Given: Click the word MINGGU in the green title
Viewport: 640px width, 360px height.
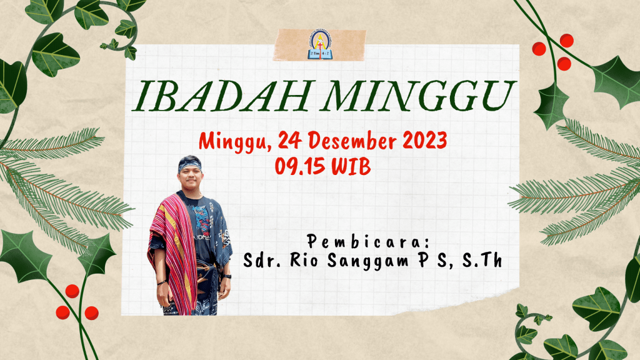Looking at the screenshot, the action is (x=416, y=96).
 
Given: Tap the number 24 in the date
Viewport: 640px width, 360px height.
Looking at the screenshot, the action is (x=290, y=141).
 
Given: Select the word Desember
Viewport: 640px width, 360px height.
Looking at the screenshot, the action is (x=352, y=141).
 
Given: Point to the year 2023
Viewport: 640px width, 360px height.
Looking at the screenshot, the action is (x=425, y=141).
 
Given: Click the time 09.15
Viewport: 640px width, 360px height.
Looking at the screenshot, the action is (x=299, y=166).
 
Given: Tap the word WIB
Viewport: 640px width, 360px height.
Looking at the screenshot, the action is (x=351, y=166).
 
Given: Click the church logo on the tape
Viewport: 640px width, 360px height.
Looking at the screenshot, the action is (x=319, y=46).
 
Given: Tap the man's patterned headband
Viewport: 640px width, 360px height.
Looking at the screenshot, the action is (x=189, y=164).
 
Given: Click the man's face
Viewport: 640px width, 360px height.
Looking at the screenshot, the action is (x=190, y=179).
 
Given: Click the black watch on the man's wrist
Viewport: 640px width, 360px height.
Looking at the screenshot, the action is (x=227, y=276).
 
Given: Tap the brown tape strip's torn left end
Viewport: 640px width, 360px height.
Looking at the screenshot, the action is (x=276, y=44).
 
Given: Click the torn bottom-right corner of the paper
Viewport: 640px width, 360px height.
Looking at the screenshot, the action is (x=517, y=289).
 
